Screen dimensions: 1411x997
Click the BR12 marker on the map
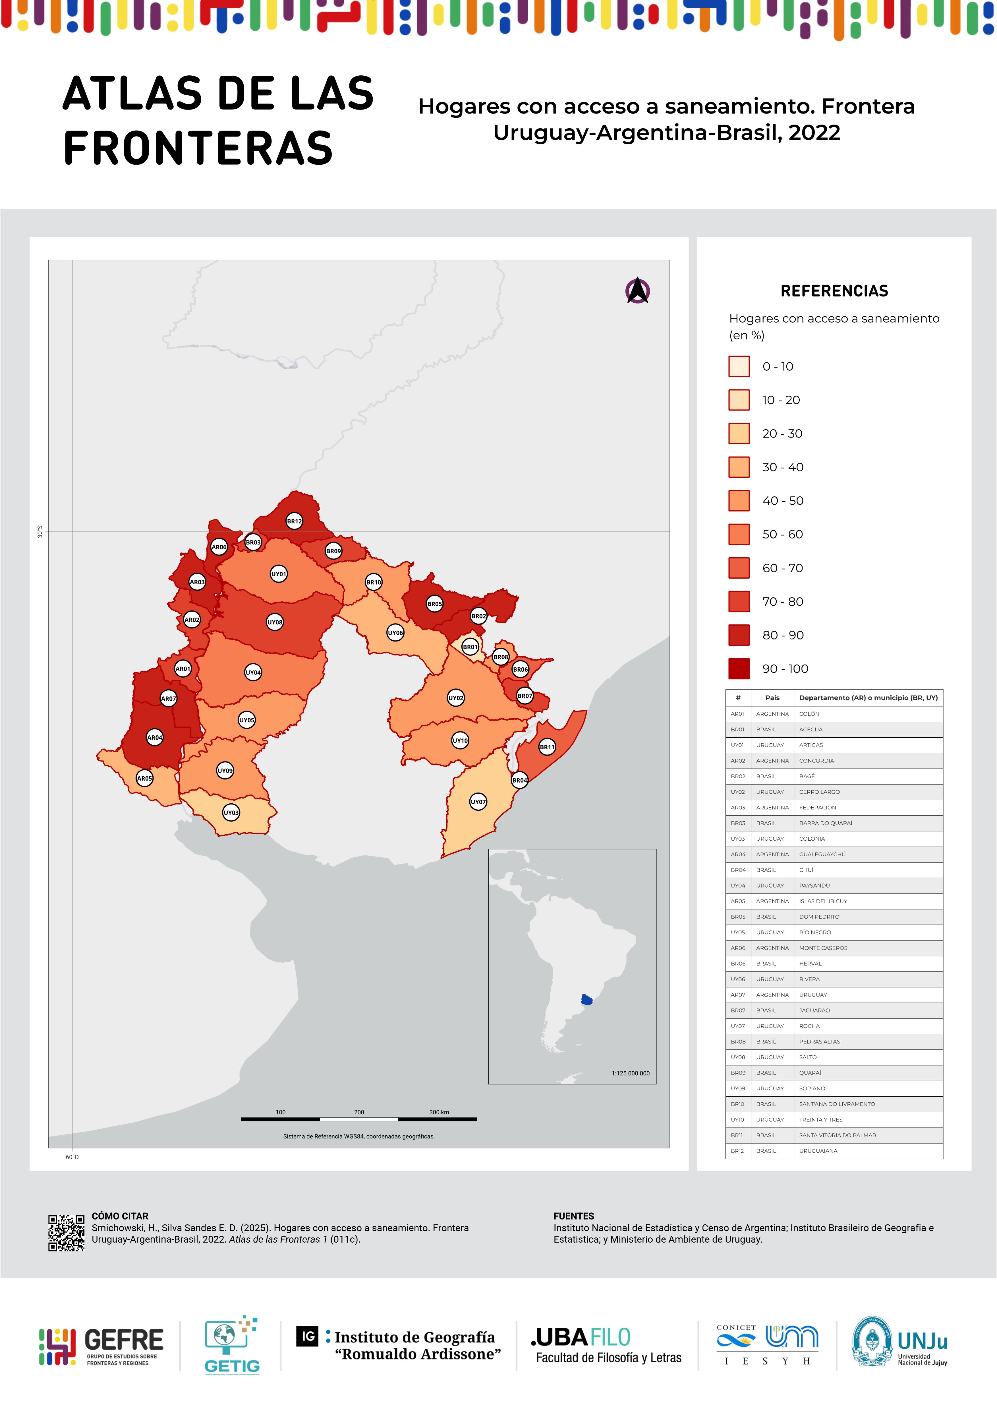click(x=294, y=521)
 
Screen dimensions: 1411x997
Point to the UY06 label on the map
click(x=395, y=632)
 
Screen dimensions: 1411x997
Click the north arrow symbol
click(x=638, y=291)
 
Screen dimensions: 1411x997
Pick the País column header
click(x=772, y=698)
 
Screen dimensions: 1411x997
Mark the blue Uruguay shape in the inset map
click(x=587, y=999)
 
